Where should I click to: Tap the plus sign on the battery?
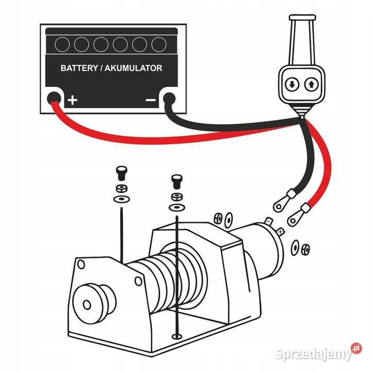coord(73,100)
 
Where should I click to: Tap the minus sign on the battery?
coord(150,100)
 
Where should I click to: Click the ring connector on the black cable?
coord(279,204)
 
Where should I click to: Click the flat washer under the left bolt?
coord(122,198)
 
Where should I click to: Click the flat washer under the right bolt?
coord(176,207)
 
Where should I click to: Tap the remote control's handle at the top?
coord(300,39)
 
